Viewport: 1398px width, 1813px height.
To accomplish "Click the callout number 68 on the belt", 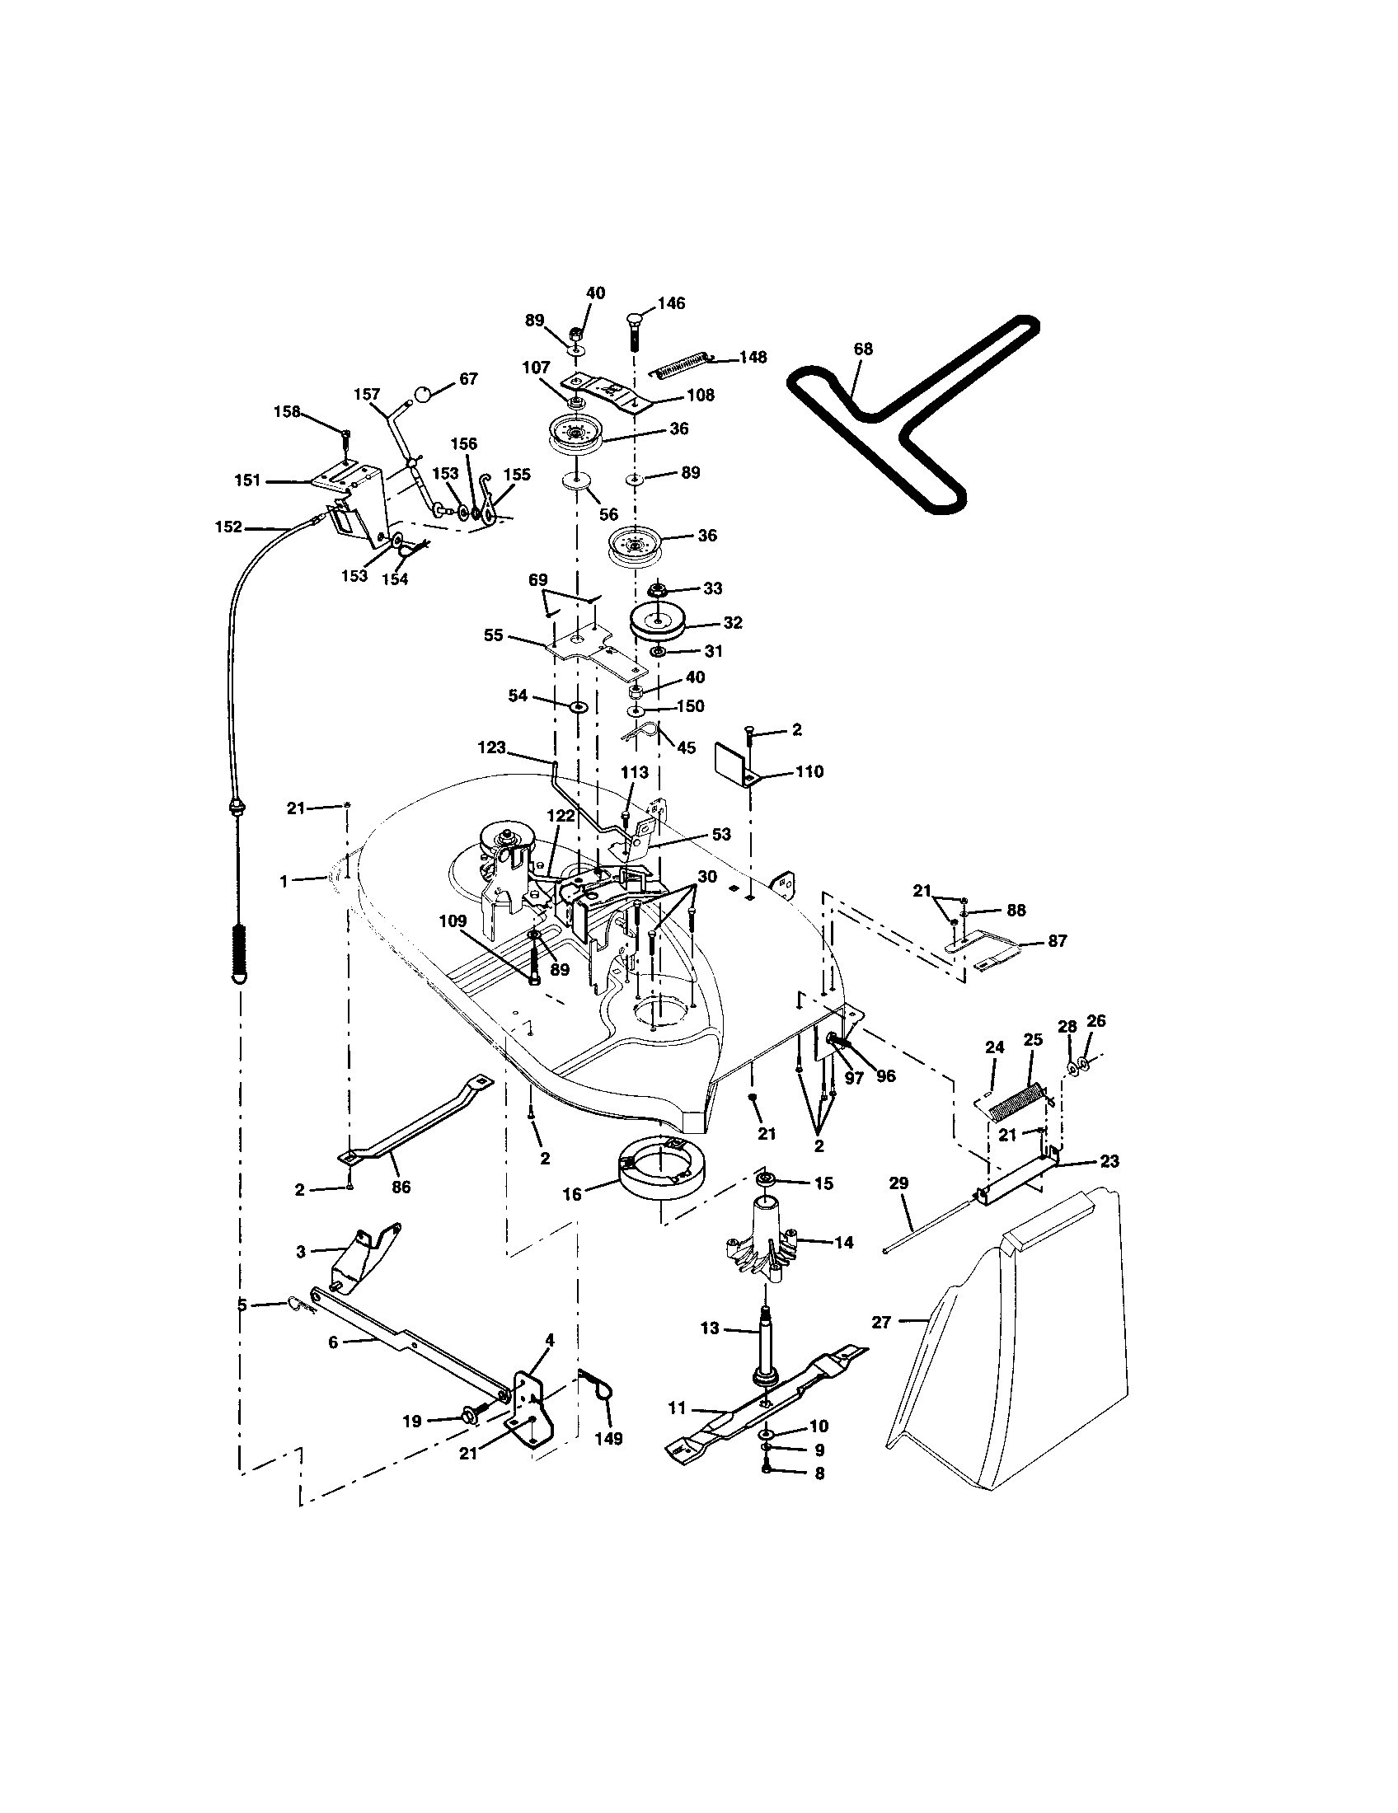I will click(862, 349).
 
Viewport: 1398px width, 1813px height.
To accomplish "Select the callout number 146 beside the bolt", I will click(671, 303).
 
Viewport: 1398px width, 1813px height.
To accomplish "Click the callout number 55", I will click(494, 635).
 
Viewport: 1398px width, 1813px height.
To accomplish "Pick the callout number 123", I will click(491, 747).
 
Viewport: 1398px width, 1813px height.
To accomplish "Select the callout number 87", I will click(1057, 940).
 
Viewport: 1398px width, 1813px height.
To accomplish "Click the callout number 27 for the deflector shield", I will click(881, 1323).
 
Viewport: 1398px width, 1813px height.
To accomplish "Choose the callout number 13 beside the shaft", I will click(710, 1329).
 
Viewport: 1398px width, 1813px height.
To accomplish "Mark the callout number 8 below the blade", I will click(819, 1473).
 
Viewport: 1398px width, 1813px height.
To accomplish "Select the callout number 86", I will click(401, 1187).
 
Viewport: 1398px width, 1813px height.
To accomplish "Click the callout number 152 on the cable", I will click(228, 527).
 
